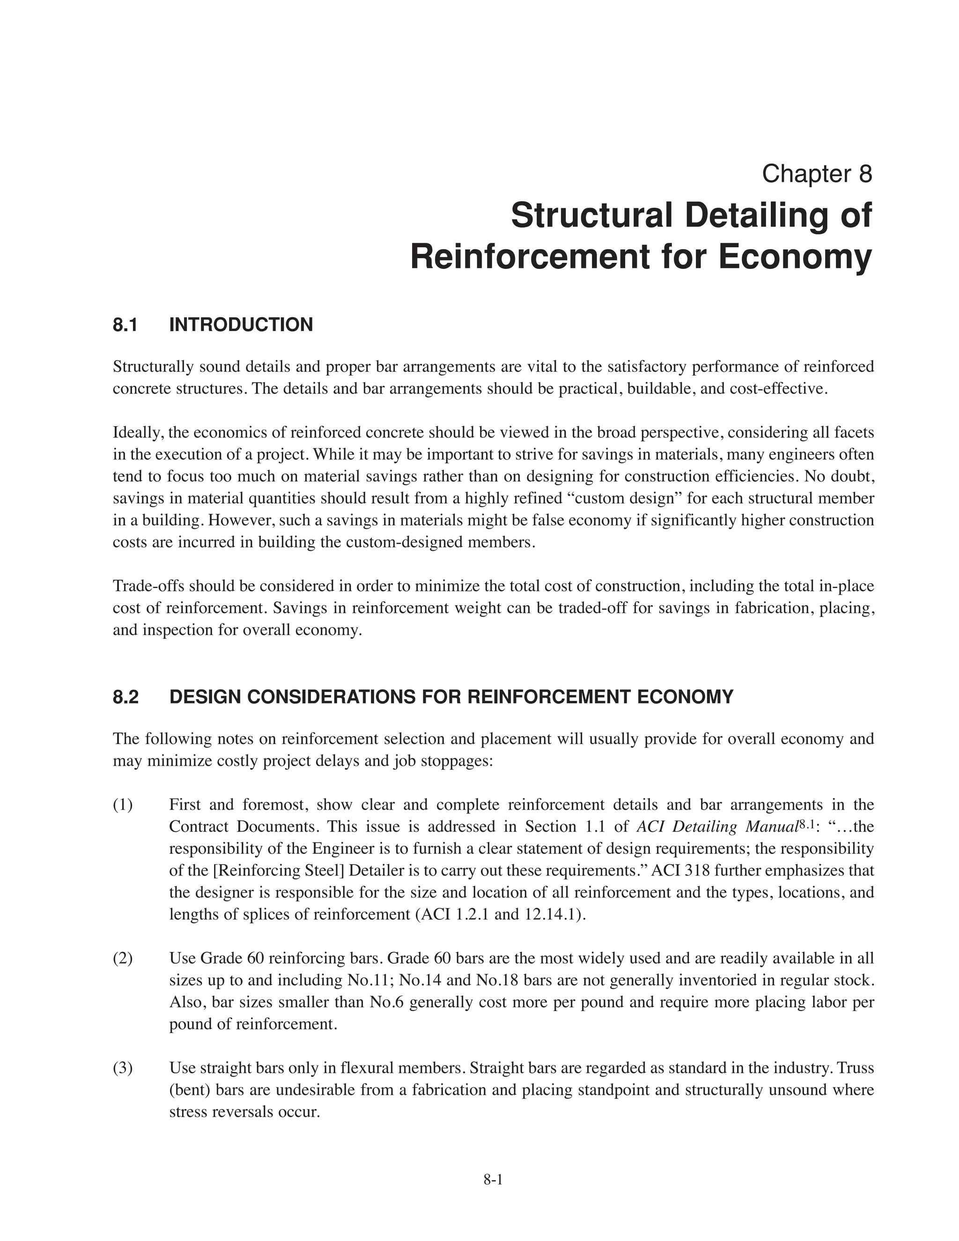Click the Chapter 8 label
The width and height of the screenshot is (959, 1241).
pyautogui.click(x=816, y=173)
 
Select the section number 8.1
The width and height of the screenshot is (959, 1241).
pyautogui.click(x=125, y=325)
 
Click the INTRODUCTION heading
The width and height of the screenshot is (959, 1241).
pyautogui.click(x=241, y=325)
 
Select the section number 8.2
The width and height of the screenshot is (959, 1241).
pyautogui.click(x=125, y=697)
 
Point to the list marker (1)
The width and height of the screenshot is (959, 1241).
pyautogui.click(x=123, y=805)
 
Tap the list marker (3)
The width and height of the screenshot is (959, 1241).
pyautogui.click(x=123, y=1068)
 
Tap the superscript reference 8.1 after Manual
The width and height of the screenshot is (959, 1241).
pyautogui.click(x=807, y=823)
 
